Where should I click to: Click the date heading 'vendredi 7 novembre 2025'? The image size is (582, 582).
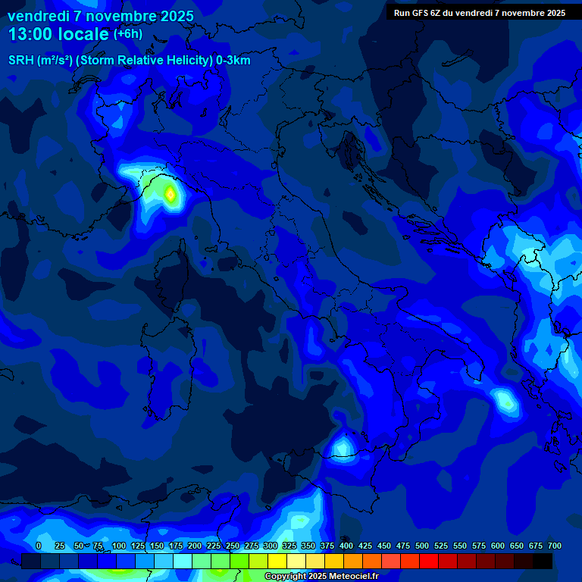(x=101, y=16)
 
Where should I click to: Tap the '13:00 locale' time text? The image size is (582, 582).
(x=59, y=34)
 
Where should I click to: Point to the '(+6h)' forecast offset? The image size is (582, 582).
(x=127, y=34)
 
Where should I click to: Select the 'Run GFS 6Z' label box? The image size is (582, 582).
(x=480, y=13)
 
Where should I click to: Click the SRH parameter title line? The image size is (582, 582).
(x=129, y=61)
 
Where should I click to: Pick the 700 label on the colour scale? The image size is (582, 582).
(x=554, y=546)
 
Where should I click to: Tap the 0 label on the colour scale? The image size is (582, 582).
(x=39, y=546)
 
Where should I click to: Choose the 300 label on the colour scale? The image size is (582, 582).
(x=271, y=546)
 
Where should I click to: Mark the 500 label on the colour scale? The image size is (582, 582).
(x=422, y=546)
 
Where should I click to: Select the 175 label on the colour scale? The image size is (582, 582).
(x=176, y=546)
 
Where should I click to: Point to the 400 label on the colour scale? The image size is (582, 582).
(x=346, y=546)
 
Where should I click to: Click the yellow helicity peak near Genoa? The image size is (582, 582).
(x=171, y=196)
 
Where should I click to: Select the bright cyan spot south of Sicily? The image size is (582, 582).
(x=343, y=444)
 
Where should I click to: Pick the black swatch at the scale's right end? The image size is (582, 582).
(x=543, y=561)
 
